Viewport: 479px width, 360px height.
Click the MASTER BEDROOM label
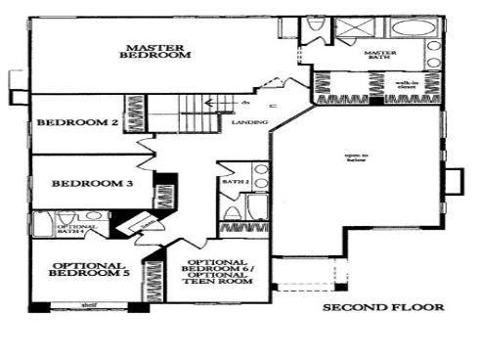point(155,51)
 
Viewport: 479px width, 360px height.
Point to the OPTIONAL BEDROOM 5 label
point(87,271)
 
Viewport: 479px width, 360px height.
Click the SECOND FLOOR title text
point(383,307)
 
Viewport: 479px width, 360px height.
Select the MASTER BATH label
point(378,57)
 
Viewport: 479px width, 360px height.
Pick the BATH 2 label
point(232,182)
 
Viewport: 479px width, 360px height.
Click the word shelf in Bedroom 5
point(88,305)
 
